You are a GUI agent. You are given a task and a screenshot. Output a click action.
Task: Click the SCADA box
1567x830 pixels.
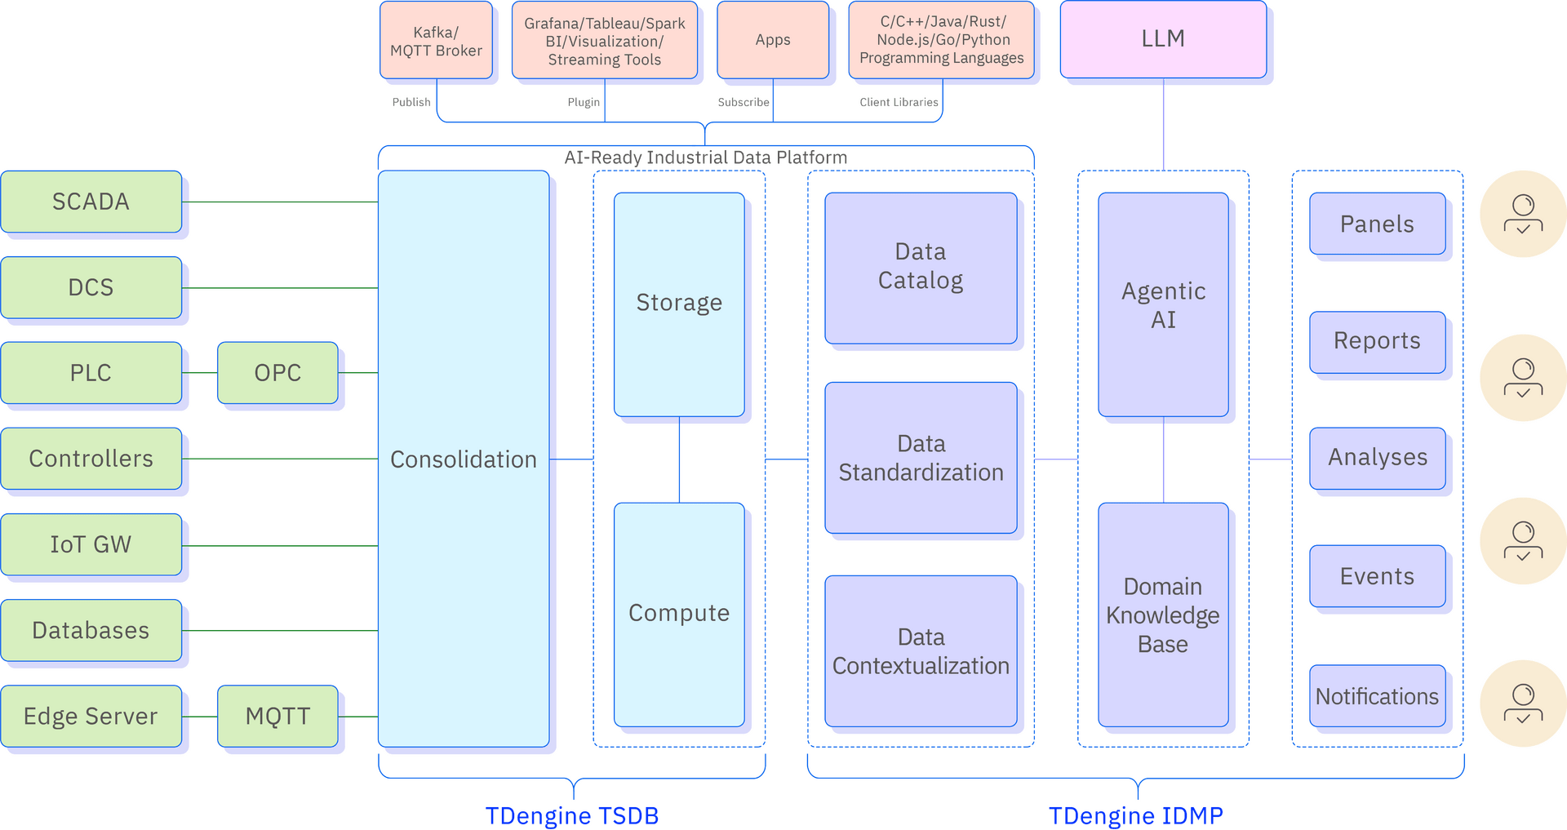point(91,202)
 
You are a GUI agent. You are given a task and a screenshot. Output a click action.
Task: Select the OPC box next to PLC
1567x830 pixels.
point(277,373)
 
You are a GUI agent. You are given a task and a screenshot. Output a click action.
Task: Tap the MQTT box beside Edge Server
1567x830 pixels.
point(277,716)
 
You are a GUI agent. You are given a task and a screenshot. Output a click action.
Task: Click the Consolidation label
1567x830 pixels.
point(463,459)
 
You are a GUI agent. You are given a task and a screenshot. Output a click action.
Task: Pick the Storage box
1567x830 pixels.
point(679,304)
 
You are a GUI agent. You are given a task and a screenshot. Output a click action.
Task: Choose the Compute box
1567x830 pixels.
point(679,614)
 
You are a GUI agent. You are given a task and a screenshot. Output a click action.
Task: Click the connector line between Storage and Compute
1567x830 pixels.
point(679,460)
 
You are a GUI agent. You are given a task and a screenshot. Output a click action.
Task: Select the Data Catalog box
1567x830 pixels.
point(921,268)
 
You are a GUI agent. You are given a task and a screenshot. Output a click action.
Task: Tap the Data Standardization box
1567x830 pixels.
point(921,458)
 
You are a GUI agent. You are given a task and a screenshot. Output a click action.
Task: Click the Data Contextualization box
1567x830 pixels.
point(921,651)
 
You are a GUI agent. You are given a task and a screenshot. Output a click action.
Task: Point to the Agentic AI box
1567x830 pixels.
point(1163,304)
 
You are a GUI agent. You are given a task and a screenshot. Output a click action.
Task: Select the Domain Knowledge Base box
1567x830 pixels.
point(1163,615)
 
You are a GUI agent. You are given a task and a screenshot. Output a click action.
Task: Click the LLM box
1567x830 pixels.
point(1163,39)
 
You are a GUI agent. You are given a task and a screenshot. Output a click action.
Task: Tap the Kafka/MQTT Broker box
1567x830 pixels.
point(436,41)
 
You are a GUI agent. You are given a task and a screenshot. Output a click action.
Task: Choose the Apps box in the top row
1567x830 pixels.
point(773,40)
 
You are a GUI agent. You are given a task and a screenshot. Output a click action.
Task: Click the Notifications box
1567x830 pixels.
point(1377,696)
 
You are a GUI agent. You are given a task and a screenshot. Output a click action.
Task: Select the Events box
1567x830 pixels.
point(1377,576)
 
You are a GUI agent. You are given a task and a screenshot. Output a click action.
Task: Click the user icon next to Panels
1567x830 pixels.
point(1523,215)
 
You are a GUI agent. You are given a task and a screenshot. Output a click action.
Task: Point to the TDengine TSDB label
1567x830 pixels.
point(571,814)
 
